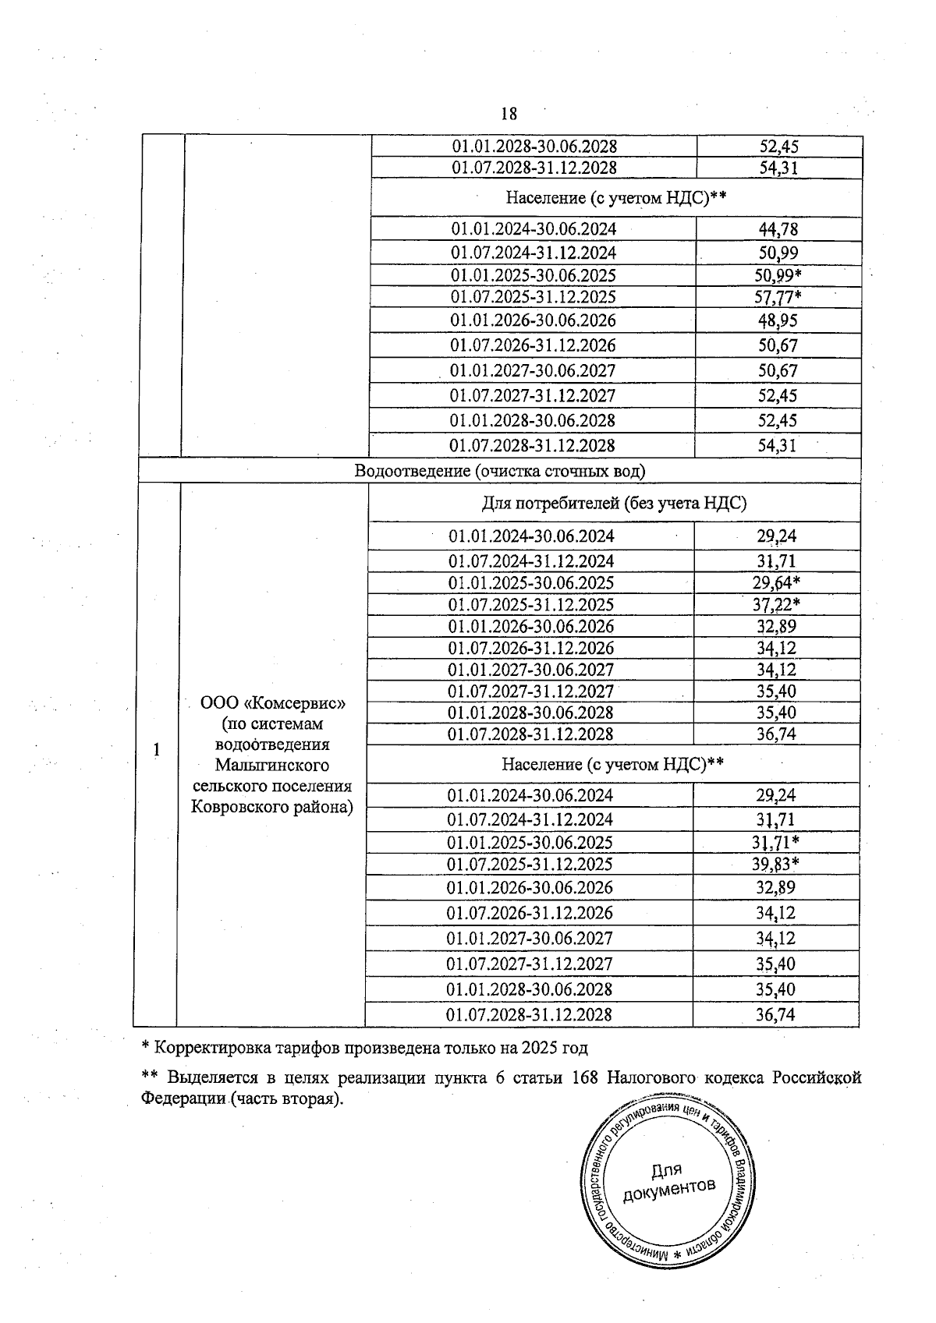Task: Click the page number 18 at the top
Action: point(508,115)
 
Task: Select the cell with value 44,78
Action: point(778,229)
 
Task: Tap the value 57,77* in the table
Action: point(780,297)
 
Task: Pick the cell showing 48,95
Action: point(778,320)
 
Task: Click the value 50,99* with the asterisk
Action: point(780,275)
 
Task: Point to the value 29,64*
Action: point(778,583)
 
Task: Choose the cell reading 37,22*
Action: point(778,605)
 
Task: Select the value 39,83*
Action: point(778,864)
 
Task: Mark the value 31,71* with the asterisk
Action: point(778,842)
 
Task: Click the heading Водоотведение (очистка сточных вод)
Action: point(499,471)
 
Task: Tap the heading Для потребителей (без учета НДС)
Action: point(614,503)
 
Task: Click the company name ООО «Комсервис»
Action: point(272,703)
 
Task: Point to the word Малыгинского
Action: point(272,765)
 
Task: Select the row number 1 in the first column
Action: point(157,750)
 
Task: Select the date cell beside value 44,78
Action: point(534,229)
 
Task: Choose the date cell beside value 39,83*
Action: point(530,864)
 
